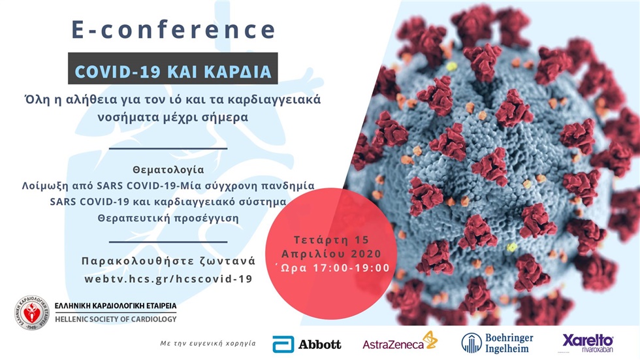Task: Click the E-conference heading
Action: click(173, 30)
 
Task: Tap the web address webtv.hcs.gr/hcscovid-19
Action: click(168, 278)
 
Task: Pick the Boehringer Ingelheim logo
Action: click(497, 342)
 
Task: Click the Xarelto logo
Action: click(588, 342)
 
